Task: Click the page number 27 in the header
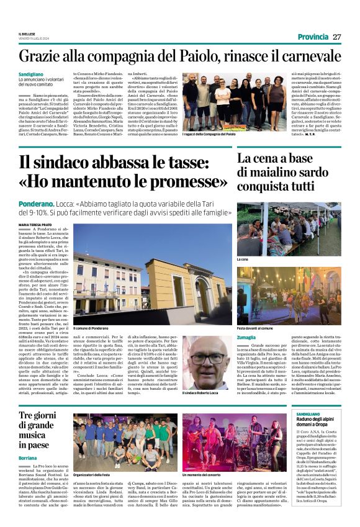pos(337,37)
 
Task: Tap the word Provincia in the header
pos(314,37)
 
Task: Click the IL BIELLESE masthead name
pos(27,34)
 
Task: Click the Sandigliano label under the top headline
pos(32,73)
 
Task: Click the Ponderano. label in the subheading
pos(36,203)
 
